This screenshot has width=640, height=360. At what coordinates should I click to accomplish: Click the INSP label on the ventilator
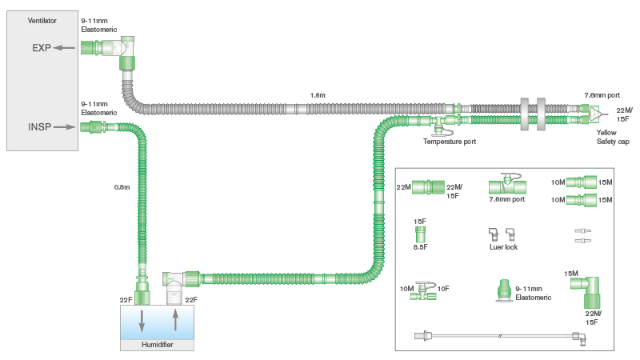(x=38, y=126)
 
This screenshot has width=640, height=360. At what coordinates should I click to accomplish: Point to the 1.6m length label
(x=318, y=95)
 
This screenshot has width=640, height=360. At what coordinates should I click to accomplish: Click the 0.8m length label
(x=122, y=188)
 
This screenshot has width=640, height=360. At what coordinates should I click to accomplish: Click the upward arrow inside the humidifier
(x=174, y=321)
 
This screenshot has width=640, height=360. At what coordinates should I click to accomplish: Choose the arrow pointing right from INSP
(x=66, y=126)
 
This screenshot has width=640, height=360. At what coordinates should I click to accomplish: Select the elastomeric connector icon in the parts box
(x=503, y=291)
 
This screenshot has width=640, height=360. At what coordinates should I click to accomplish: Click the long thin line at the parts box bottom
(x=496, y=335)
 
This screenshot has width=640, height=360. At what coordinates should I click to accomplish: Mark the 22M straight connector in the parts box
(x=429, y=187)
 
